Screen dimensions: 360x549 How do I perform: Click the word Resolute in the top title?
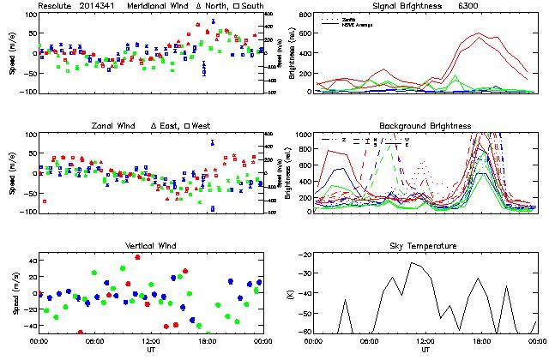[x=56, y=6]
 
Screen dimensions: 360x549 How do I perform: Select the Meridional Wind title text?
[x=160, y=6]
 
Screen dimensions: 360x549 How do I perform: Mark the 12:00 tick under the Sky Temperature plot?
[x=425, y=341]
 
